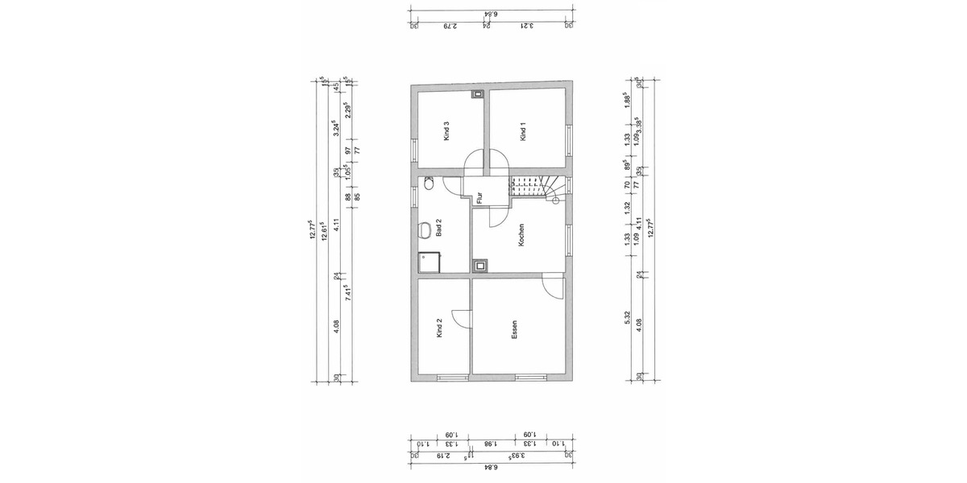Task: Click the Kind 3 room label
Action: (445, 131)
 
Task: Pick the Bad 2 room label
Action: (439, 231)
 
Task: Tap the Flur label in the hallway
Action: (479, 196)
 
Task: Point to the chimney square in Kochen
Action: (480, 264)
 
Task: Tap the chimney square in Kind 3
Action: (478, 94)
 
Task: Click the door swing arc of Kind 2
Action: (460, 318)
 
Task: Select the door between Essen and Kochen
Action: (552, 286)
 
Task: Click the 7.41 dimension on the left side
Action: (347, 291)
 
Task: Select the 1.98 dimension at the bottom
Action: (489, 444)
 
